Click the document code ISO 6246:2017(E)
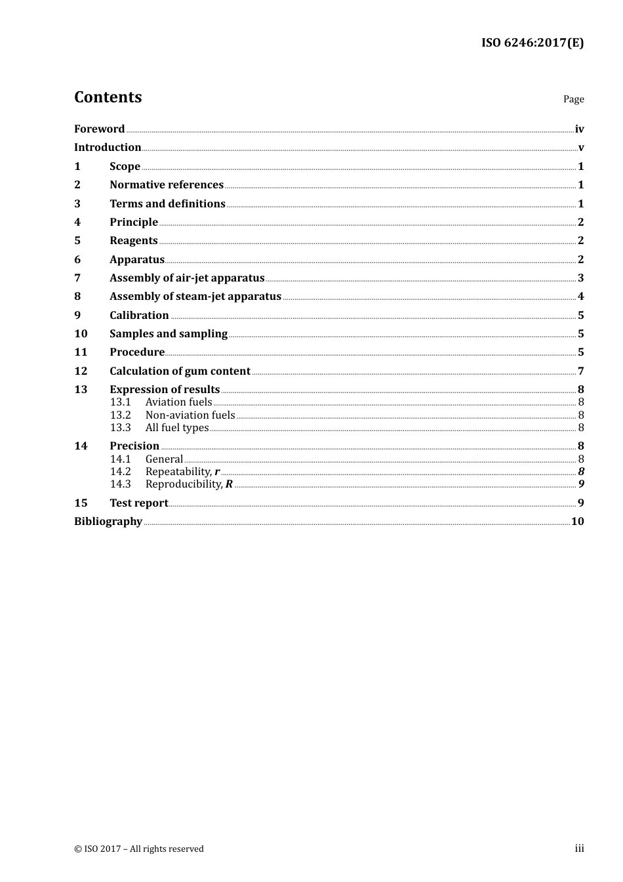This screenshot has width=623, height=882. [532, 43]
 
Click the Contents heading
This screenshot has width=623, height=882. [108, 97]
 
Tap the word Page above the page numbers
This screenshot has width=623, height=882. [573, 99]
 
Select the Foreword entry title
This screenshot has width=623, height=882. [99, 129]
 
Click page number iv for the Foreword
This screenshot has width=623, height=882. [579, 129]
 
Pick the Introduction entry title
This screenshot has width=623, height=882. [108, 147]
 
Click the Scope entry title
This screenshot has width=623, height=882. [125, 166]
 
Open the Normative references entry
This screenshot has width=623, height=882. [167, 184]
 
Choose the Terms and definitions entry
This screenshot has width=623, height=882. [167, 203]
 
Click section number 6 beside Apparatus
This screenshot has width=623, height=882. [77, 259]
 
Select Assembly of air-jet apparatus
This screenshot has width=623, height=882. [187, 278]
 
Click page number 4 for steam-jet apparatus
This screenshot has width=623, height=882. [580, 297]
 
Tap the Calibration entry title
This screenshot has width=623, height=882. [139, 315]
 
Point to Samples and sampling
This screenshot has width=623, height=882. [169, 333]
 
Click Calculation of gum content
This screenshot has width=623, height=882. [180, 371]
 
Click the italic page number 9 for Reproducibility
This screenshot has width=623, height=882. [581, 484]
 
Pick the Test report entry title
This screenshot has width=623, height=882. [138, 503]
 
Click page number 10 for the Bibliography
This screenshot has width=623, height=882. [577, 521]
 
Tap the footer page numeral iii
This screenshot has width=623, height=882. [579, 849]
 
